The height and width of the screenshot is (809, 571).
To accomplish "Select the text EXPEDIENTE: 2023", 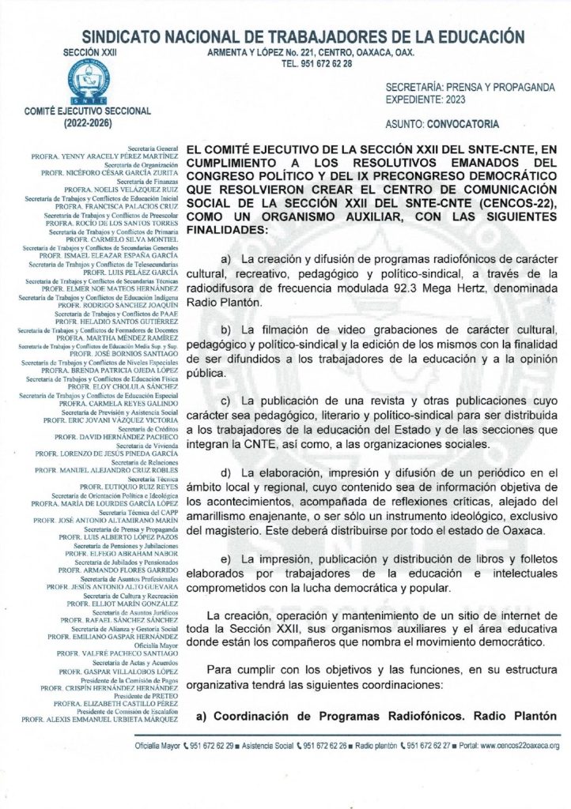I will click(426, 100).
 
